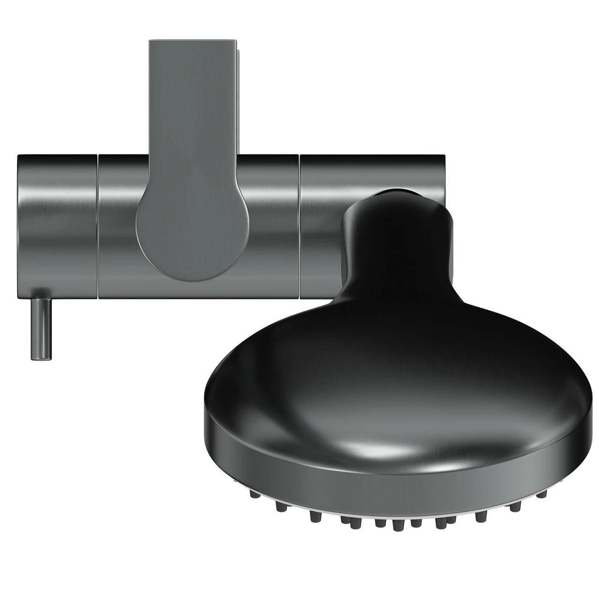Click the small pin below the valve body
[41, 329]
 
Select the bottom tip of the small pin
[41, 358]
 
